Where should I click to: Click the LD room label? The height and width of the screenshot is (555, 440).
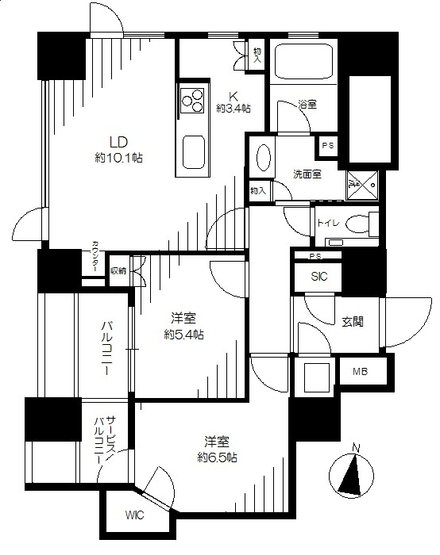click(x=118, y=142)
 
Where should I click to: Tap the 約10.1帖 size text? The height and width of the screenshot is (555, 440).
click(x=118, y=158)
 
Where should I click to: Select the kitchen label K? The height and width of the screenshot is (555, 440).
click(x=233, y=96)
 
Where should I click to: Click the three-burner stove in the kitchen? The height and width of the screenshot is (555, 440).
click(x=192, y=101)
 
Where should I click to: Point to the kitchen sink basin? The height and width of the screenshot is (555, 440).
click(x=194, y=152)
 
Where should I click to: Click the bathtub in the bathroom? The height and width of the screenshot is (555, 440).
click(x=303, y=62)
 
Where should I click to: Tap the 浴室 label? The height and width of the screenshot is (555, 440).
click(x=307, y=105)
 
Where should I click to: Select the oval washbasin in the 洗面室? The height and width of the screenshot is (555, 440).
click(x=263, y=157)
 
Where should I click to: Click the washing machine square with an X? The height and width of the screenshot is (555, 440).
click(x=362, y=185)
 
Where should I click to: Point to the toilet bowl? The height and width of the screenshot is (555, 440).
click(x=357, y=225)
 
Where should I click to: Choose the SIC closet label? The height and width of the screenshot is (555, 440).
click(x=319, y=277)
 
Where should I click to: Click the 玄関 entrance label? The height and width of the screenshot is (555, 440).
click(x=353, y=322)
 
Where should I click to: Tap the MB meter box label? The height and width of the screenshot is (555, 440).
click(x=360, y=371)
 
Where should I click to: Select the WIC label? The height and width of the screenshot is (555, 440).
click(x=134, y=515)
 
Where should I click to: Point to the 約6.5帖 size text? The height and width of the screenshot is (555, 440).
click(x=217, y=457)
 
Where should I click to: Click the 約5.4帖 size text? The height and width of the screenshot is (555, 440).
click(x=183, y=335)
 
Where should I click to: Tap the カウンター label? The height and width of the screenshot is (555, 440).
click(x=95, y=256)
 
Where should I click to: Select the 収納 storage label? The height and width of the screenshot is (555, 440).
click(x=118, y=271)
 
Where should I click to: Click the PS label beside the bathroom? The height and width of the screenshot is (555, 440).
click(x=327, y=145)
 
